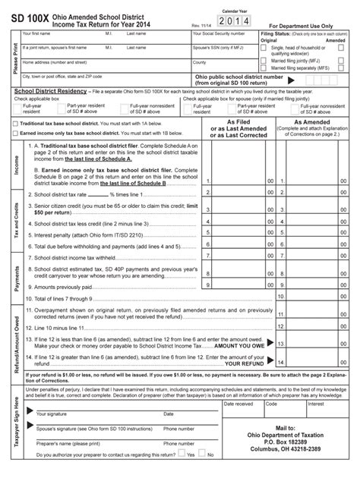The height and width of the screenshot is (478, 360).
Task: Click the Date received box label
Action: click(x=238, y=404)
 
